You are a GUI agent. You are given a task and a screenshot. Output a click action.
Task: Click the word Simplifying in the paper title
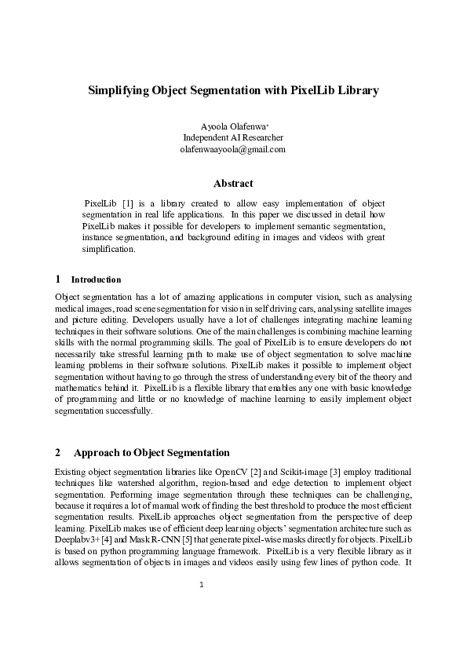(x=119, y=90)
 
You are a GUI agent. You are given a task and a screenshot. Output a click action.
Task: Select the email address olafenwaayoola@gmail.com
(x=233, y=148)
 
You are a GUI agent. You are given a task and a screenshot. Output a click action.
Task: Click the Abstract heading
(x=233, y=184)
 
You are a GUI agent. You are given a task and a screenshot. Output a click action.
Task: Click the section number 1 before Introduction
(x=58, y=279)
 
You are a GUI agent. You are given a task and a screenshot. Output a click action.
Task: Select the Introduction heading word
(x=96, y=279)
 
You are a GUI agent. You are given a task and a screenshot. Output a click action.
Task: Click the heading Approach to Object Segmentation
(x=151, y=452)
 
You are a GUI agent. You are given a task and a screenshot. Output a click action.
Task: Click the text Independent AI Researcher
(x=233, y=137)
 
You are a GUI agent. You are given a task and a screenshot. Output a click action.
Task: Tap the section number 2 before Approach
(x=58, y=452)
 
